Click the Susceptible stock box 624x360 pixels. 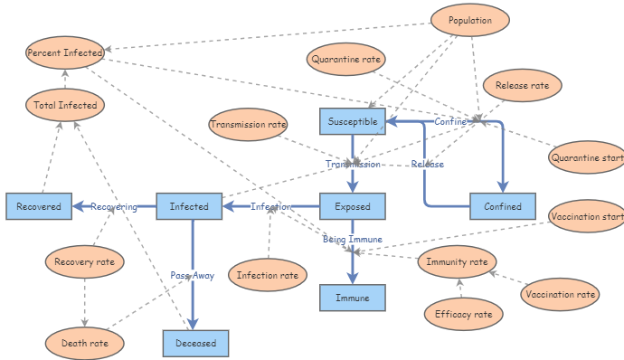point(353,121)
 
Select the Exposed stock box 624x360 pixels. point(353,207)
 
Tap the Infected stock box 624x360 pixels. point(189,207)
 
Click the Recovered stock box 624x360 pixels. point(39,207)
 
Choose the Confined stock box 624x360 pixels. point(502,207)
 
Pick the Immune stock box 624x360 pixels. point(353,298)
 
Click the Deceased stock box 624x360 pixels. point(196,344)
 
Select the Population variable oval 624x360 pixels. point(470,20)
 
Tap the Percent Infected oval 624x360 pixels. point(65,52)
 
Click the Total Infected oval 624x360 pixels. point(65,105)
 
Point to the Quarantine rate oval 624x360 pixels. point(345,60)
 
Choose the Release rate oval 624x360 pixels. point(523,86)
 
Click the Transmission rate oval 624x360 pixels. point(249,124)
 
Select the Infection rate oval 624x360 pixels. point(268,275)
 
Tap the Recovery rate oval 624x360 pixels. point(84,262)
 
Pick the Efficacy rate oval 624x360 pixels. point(463,314)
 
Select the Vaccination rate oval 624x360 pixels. point(561,294)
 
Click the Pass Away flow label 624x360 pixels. point(193,275)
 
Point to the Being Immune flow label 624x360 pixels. point(353,240)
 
